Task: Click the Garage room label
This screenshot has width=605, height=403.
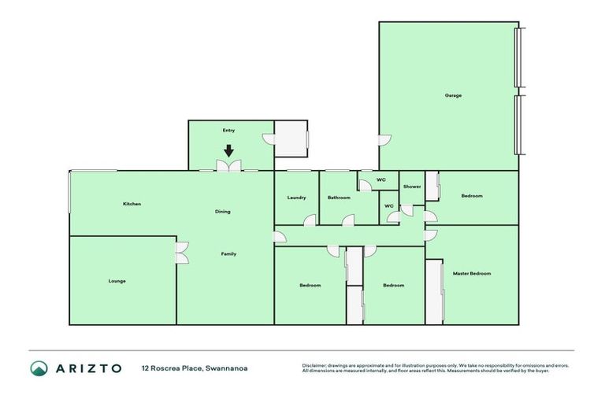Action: click(x=453, y=95)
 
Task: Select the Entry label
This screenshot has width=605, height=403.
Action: click(x=229, y=130)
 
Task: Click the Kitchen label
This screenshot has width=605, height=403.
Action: click(x=132, y=204)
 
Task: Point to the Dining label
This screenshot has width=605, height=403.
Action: click(x=223, y=212)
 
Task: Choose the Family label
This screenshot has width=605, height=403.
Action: click(x=228, y=253)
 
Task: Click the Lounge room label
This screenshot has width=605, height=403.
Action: click(x=117, y=281)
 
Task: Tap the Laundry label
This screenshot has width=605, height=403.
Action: click(x=296, y=198)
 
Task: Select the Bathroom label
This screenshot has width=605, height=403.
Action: click(x=339, y=198)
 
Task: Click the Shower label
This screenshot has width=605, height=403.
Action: click(x=412, y=187)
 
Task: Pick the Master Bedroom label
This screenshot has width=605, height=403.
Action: click(x=472, y=273)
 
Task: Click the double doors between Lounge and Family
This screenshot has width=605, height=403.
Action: click(x=181, y=252)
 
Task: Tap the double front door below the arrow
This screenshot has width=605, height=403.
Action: click(x=229, y=166)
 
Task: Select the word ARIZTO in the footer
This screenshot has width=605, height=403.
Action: click(x=88, y=368)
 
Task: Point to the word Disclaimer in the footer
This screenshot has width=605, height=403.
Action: click(x=315, y=365)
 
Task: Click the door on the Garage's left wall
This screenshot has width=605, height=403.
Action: click(x=384, y=140)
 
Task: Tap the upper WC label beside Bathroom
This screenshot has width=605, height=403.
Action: click(x=381, y=180)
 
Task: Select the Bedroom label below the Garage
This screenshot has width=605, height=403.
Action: click(x=472, y=196)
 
